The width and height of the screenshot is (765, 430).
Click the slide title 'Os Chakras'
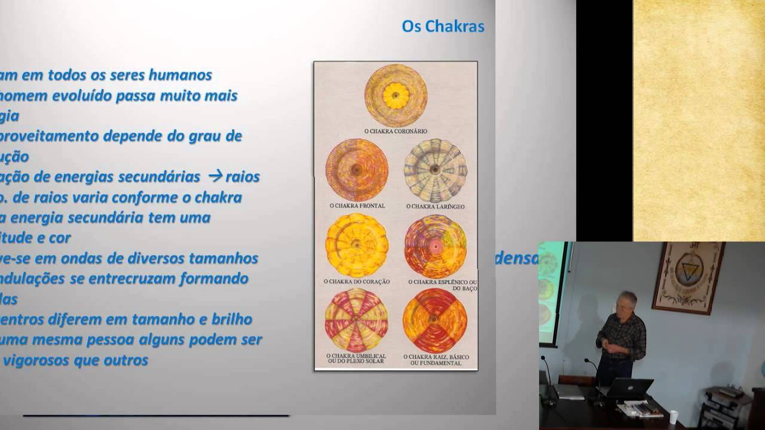tap(443, 27)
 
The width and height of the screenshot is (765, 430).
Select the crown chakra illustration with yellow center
tap(396, 95)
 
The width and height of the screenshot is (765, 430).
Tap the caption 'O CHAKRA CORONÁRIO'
tap(396, 131)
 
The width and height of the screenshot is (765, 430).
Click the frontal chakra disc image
tap(357, 170)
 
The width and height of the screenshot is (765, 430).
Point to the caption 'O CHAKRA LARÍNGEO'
tap(435, 206)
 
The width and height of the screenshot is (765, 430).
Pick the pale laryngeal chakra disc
tap(435, 170)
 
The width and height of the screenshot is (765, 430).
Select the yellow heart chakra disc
tap(357, 245)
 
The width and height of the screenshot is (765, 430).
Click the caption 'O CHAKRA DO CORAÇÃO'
tap(357, 281)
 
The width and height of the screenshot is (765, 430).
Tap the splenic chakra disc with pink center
tap(435, 245)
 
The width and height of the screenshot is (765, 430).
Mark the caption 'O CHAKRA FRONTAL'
tap(357, 205)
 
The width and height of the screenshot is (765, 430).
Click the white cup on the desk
tap(674, 416)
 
